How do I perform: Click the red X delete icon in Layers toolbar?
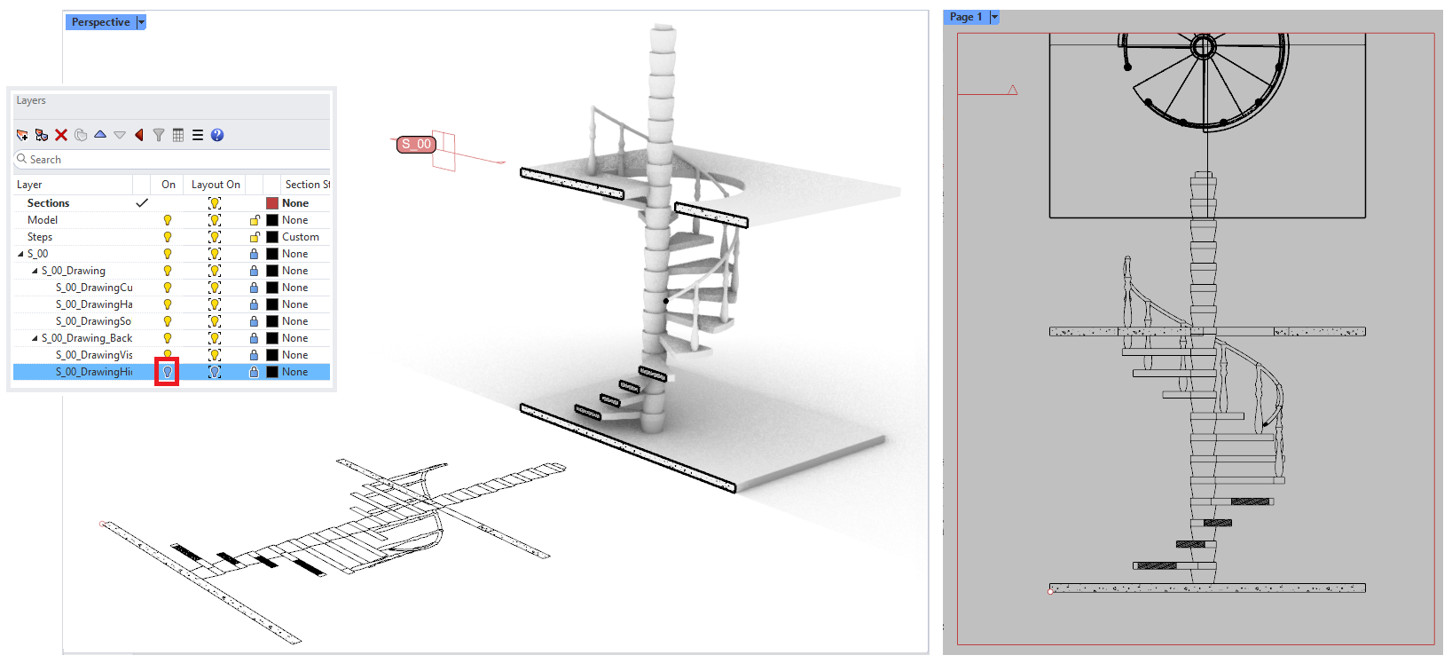click(61, 135)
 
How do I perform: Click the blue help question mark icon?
click(217, 135)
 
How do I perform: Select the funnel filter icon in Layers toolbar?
click(159, 135)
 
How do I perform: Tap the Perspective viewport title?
click(100, 22)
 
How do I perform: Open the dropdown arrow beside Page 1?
click(994, 17)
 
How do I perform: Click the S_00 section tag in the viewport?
click(416, 144)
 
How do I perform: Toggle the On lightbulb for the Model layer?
click(167, 220)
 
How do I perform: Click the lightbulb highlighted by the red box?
click(167, 372)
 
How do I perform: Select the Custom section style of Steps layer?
click(301, 237)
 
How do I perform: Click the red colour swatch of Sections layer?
click(272, 203)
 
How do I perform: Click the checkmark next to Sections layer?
click(141, 203)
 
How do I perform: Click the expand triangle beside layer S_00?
click(21, 254)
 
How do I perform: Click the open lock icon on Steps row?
click(255, 237)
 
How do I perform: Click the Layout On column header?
click(216, 185)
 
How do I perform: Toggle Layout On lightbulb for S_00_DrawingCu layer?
click(215, 288)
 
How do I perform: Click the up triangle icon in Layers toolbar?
click(100, 135)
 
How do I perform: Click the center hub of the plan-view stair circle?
click(1204, 46)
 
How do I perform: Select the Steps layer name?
click(40, 237)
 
